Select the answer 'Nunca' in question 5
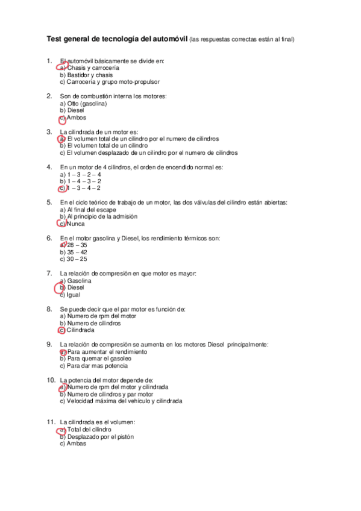point(76,224)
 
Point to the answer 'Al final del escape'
point(92,210)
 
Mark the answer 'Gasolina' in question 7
point(79,281)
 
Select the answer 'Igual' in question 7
point(74,295)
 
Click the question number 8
point(49,309)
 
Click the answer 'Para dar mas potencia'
point(97,366)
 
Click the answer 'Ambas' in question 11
point(77,444)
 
